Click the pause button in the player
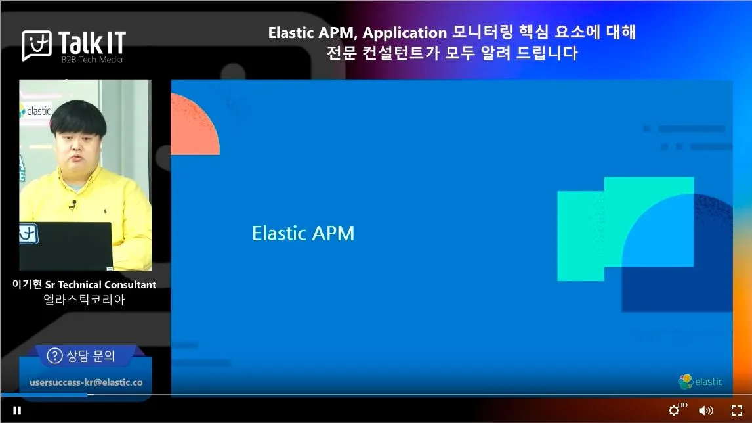17,411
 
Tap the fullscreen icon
737,411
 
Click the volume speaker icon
705,411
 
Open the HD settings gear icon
675,410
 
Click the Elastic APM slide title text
303,233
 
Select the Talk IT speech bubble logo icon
37,45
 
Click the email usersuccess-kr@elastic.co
87,382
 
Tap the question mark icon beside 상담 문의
54,356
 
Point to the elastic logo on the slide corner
700,381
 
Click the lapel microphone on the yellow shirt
72,205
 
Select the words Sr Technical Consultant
100,284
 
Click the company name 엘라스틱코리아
85,300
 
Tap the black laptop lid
66,246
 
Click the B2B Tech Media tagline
92,60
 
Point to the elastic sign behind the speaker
35,112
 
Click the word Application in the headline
405,33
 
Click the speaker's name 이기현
28,284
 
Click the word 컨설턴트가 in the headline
401,53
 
